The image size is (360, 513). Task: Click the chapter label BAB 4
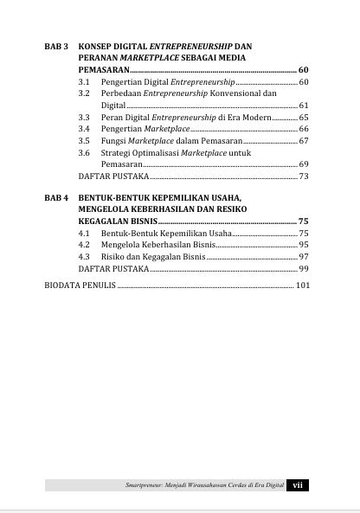pyautogui.click(x=57, y=197)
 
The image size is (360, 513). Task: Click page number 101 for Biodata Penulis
pyautogui.click(x=301, y=284)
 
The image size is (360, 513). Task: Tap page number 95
pyautogui.click(x=303, y=245)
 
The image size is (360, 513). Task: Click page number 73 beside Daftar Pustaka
pyautogui.click(x=303, y=176)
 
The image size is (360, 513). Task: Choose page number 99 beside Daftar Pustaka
pyautogui.click(x=303, y=269)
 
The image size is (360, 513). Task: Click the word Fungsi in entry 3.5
pyautogui.click(x=114, y=139)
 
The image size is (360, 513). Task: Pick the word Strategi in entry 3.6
pyautogui.click(x=117, y=151)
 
